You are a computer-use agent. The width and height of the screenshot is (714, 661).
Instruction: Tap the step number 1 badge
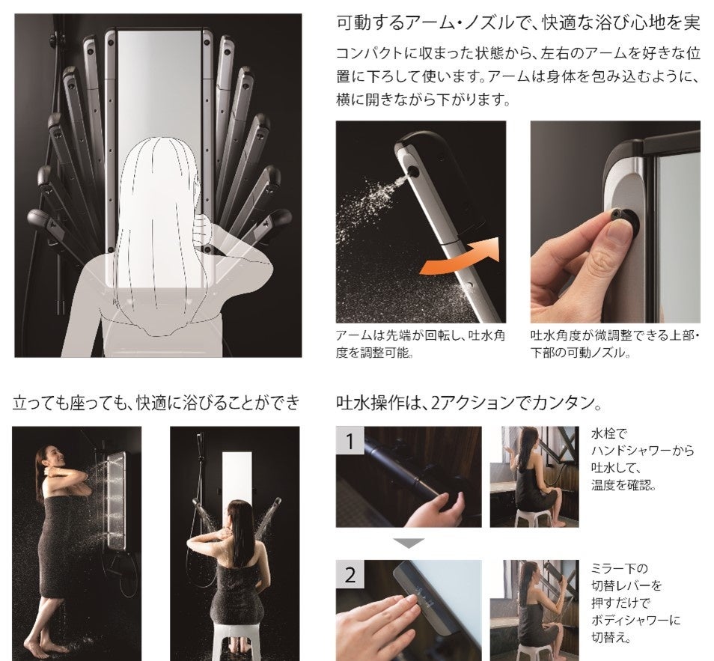coord(350,440)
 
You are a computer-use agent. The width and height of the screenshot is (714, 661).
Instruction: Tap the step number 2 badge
coord(350,574)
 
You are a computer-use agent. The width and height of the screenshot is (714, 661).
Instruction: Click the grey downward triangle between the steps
coord(409,543)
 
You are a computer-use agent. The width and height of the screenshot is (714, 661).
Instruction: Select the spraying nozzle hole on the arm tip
coord(414,171)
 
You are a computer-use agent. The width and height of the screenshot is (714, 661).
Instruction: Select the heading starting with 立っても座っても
coord(156,403)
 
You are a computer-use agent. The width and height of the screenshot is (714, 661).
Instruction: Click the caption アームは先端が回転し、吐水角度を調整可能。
coord(421,344)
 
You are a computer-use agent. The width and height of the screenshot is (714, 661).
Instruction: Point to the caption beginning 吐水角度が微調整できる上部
coord(614,344)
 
